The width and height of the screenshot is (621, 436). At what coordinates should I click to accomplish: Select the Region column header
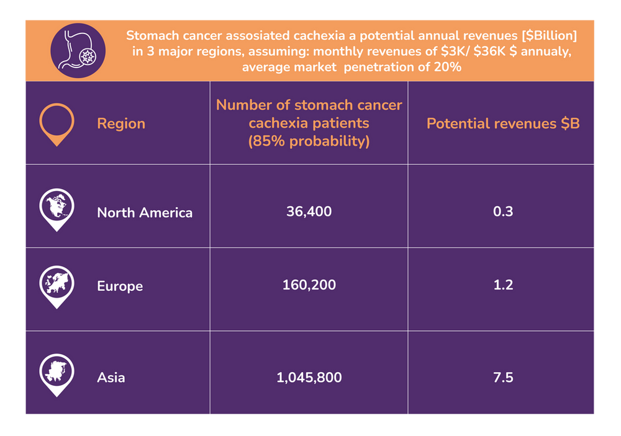point(121,123)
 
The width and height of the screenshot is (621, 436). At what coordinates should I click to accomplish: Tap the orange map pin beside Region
point(57,123)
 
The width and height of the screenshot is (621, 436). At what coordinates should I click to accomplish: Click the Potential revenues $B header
point(502,123)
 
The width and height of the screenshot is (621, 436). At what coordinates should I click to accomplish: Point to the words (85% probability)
point(309,141)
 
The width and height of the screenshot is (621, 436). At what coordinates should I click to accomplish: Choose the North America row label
point(145,213)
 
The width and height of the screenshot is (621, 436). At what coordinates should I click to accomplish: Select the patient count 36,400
point(309,211)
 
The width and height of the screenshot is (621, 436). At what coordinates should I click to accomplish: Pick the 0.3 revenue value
point(502,211)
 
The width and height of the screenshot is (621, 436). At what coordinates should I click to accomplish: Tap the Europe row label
point(120,286)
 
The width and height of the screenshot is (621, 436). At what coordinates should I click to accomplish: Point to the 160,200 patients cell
point(309,285)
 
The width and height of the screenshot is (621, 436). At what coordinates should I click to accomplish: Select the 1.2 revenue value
point(502,285)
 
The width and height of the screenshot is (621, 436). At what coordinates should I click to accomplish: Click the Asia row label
point(111,377)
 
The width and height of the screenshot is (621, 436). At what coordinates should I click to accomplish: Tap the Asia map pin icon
point(57,372)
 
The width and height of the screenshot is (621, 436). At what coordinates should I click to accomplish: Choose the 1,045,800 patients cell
point(309,377)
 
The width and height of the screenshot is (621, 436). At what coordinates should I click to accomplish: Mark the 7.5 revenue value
point(502,377)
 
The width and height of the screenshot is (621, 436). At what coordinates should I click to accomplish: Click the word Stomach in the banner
point(149,36)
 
